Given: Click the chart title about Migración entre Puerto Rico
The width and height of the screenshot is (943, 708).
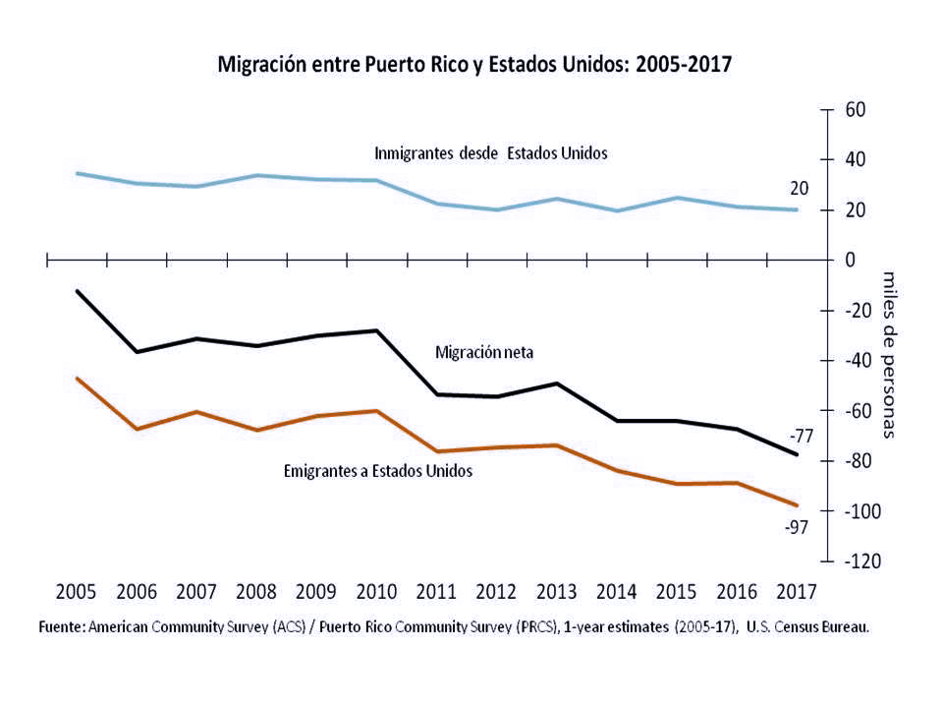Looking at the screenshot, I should coord(475,65).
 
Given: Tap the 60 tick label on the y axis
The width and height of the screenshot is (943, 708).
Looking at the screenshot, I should coord(855,109).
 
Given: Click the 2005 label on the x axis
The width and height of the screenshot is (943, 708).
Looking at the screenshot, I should coord(76,592).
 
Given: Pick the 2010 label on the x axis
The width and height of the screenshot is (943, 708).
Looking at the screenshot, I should coord(376,592).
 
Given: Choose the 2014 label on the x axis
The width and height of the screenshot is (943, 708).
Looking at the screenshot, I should coord(617,592).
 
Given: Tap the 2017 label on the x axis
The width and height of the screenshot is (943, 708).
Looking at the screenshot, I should coord(797,592).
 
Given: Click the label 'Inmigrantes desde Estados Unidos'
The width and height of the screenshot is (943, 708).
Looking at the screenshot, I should coord(491,153).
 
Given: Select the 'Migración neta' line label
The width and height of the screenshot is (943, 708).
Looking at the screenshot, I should coord(484,351).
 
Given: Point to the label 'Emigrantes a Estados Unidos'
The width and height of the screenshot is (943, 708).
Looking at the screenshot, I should coord(378,471).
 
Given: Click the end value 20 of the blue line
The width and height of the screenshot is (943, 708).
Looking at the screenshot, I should coord(799,189).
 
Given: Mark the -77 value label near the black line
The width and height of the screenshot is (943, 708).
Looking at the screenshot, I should coord(802,436).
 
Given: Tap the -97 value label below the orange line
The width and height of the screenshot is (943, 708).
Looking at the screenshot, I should coord(796,527).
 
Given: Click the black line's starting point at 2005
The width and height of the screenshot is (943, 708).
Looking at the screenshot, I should coord(77,291).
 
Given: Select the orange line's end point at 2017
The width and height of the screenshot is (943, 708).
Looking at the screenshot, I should coord(797,505).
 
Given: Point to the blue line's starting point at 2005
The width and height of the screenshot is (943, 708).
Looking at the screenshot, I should coord(77,173).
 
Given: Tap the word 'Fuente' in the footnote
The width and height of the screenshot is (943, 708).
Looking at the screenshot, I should coord(61,626).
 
